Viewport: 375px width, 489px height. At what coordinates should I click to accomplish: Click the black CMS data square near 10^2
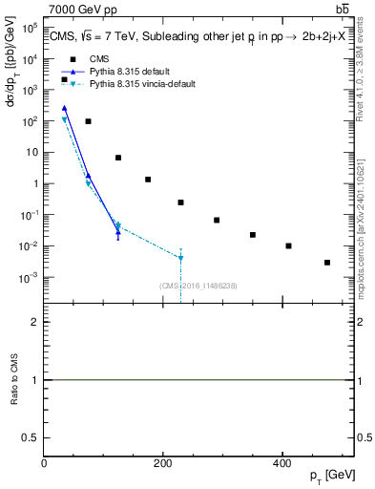point(88,121)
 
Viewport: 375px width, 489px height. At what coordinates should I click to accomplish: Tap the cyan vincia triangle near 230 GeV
point(180,258)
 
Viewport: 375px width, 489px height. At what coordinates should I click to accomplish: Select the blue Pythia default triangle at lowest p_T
point(64,108)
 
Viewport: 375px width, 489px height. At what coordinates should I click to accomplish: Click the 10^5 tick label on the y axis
point(30,28)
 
